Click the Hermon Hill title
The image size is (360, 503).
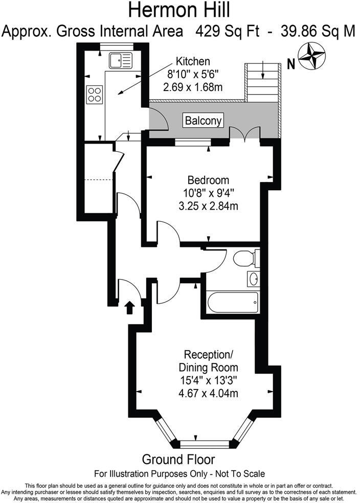coord(179,10)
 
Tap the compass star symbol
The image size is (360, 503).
coord(312,57)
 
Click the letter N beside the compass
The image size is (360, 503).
coord(291,63)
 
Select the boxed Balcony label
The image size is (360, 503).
coord(204,121)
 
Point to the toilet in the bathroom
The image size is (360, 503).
coord(245,258)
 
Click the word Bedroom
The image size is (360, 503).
coord(208,180)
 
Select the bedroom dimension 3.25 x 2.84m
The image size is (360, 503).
coord(208,207)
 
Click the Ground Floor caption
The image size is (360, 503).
coord(178,459)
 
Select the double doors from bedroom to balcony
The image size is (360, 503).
coord(245,134)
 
